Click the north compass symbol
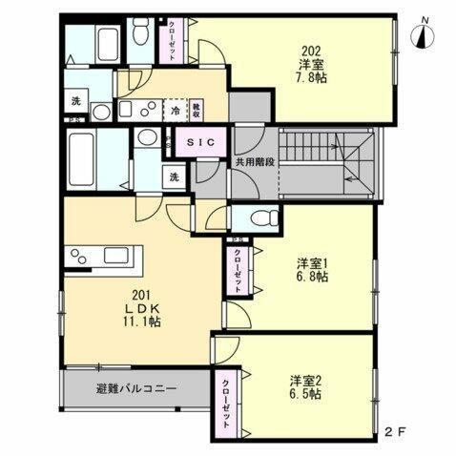(422, 36)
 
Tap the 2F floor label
(395, 430)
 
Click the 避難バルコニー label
(136, 388)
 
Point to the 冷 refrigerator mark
(176, 111)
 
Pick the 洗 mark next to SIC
(175, 176)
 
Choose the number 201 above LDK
(140, 294)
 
